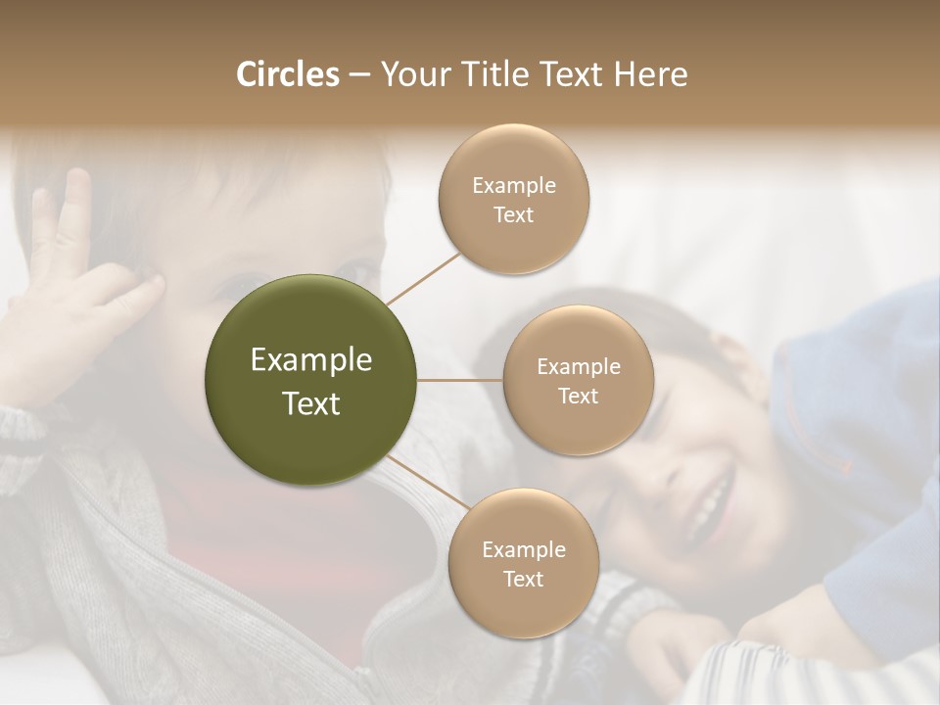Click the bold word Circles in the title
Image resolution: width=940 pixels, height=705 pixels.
287,74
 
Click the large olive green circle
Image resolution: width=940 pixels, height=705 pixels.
311,380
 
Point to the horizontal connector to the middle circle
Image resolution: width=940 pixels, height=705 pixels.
460,380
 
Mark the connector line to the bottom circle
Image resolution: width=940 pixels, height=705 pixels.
427,483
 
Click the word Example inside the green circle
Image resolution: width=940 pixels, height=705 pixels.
311,360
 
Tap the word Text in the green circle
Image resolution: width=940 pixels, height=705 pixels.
311,403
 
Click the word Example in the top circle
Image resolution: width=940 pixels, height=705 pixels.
513,185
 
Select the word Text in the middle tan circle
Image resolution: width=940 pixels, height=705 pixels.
578,396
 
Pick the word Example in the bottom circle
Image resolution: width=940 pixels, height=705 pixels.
523,549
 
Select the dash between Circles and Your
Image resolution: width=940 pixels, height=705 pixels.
359,74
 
